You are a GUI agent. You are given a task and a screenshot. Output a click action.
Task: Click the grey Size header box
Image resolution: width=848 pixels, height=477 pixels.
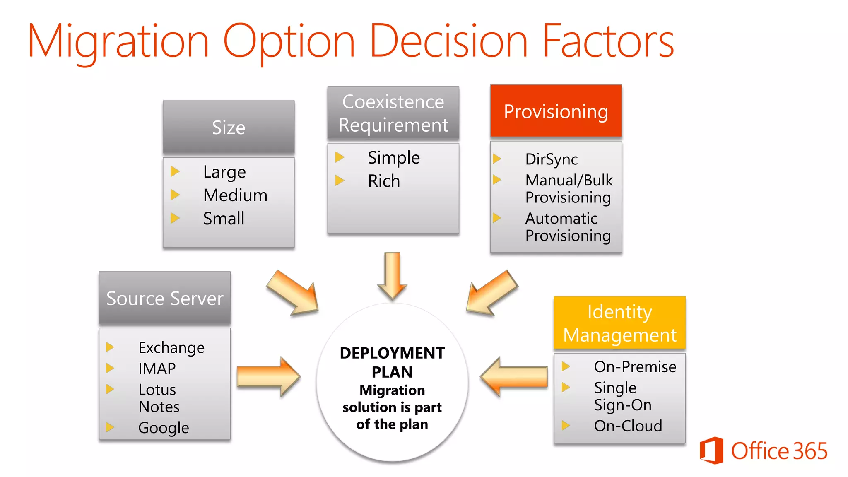[x=229, y=127]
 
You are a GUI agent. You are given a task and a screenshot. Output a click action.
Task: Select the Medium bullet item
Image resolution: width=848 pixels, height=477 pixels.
[x=235, y=195]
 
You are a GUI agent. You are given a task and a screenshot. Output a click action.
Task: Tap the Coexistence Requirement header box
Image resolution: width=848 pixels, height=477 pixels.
[x=393, y=113]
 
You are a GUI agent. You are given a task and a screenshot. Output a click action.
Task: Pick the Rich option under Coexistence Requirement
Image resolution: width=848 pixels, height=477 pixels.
[x=384, y=181]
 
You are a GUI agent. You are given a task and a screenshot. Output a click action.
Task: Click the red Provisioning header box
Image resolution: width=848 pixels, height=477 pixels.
[x=556, y=111]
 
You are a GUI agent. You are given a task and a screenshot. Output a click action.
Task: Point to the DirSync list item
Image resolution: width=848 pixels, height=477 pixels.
[x=551, y=159]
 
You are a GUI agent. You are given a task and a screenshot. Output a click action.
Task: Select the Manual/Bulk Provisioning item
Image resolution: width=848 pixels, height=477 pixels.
[x=569, y=189]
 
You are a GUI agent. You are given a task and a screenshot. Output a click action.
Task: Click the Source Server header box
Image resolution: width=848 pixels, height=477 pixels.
[x=165, y=298]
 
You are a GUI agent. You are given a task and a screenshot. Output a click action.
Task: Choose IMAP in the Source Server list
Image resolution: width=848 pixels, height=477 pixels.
[x=157, y=368]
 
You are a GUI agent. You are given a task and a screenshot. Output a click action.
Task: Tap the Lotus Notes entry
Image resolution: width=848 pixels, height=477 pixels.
[x=159, y=398]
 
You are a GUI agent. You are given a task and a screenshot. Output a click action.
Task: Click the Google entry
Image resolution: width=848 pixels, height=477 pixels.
[x=164, y=427]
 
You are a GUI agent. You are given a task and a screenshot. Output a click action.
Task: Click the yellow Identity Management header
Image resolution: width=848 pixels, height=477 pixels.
[x=619, y=323]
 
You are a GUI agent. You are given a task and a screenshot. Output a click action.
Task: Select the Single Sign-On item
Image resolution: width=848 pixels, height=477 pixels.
[x=622, y=396]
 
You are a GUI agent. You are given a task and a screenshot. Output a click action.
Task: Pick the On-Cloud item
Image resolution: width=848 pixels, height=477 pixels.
[x=628, y=426]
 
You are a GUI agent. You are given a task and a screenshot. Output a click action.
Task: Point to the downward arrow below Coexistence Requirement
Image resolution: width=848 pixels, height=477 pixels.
[x=392, y=275]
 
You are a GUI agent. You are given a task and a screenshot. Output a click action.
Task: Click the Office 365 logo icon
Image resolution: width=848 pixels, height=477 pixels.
[x=711, y=450]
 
